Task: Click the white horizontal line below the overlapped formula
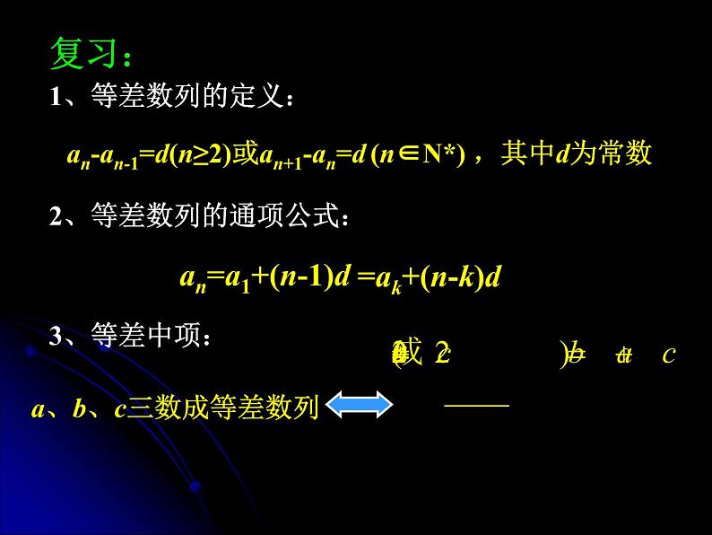476,405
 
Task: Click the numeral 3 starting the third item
56,338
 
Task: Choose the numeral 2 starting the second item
56,216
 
